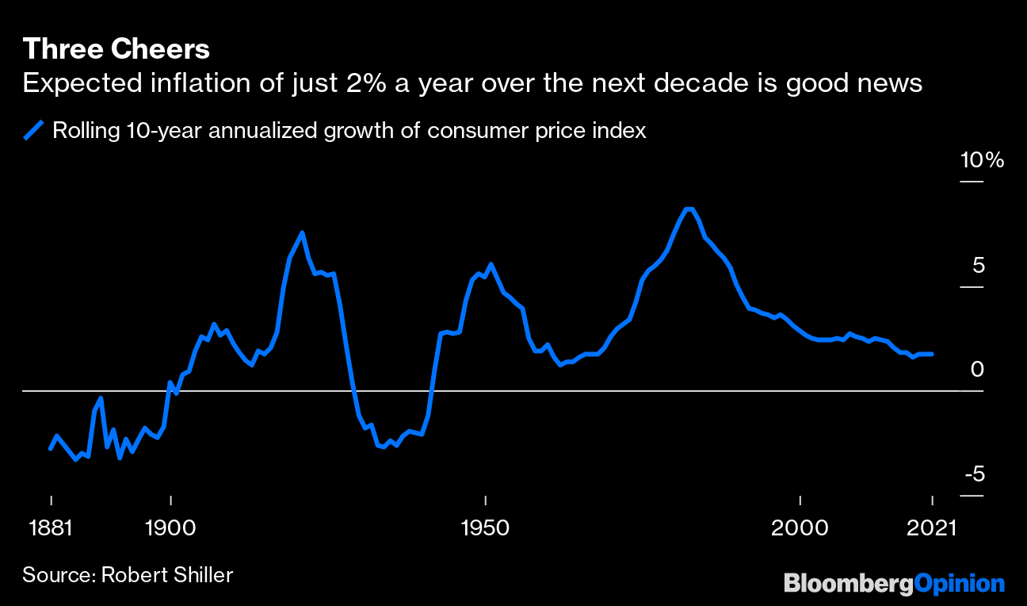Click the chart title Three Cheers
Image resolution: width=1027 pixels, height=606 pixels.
coord(116,49)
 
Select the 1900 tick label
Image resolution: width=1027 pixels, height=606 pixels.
coord(170,527)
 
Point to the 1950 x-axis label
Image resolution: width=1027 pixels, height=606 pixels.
coord(485,527)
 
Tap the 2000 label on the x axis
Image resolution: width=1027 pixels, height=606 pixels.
coord(800,527)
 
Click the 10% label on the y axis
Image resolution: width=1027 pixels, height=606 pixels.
coord(982,160)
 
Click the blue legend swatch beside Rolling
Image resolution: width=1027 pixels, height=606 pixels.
coord(33,130)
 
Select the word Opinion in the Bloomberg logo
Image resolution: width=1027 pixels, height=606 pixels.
coord(960,585)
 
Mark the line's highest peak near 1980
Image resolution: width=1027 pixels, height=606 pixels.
coord(689,209)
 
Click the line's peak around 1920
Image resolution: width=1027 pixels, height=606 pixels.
coord(302,232)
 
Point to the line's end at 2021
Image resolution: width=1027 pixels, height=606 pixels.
coord(932,354)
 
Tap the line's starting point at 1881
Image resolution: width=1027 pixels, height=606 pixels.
coord(51,449)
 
